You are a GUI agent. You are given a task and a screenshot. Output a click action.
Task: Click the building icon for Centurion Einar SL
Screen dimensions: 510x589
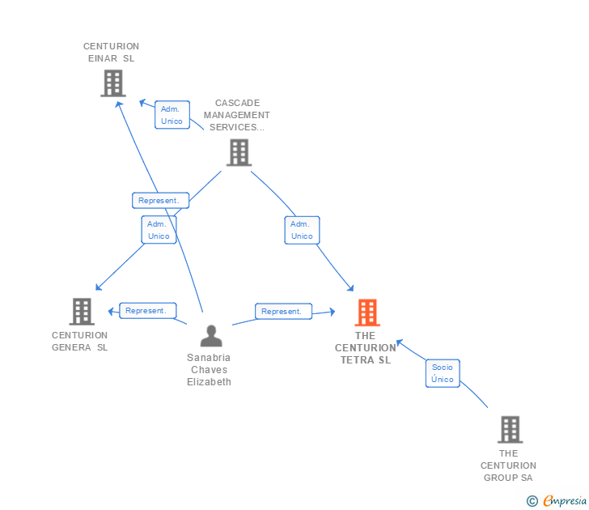click(112, 83)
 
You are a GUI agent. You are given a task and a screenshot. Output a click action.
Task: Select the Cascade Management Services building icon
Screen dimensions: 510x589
click(238, 152)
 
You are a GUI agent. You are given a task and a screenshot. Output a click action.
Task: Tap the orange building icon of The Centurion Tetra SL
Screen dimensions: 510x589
click(367, 312)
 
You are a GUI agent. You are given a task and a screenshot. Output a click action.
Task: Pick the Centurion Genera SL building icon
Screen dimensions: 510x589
click(82, 312)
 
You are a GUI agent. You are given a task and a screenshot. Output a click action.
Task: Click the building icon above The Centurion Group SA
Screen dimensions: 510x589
click(509, 429)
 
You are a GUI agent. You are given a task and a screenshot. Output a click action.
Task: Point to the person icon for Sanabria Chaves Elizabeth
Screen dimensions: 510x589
click(210, 335)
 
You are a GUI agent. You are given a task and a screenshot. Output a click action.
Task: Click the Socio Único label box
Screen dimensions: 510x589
click(443, 373)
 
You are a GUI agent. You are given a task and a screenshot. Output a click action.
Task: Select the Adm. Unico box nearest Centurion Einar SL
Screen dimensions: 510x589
click(172, 115)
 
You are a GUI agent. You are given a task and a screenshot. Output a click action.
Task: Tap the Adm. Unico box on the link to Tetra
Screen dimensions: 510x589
click(302, 230)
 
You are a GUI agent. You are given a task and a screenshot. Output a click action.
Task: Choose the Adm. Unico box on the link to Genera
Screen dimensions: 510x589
click(159, 230)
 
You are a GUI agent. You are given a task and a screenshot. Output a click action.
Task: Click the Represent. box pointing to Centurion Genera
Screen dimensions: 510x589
click(147, 310)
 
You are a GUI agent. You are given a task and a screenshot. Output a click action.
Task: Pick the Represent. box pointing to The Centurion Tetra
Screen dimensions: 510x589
click(283, 311)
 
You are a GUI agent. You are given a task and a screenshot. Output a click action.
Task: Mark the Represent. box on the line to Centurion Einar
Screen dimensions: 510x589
click(160, 200)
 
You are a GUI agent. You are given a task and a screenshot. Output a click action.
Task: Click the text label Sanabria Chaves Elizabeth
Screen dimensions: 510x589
click(209, 370)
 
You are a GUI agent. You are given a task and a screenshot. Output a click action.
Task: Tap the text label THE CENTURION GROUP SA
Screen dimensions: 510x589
click(508, 465)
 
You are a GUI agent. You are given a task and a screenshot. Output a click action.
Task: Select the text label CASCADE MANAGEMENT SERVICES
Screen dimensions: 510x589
click(237, 115)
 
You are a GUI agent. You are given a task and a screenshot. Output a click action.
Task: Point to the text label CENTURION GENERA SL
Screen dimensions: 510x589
click(79, 341)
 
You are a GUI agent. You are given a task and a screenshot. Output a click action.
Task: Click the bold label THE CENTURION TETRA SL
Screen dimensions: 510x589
click(366, 348)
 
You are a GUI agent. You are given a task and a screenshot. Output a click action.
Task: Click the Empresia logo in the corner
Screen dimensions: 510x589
click(565, 500)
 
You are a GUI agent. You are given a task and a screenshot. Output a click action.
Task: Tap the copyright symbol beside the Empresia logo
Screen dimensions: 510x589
click(532, 501)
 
